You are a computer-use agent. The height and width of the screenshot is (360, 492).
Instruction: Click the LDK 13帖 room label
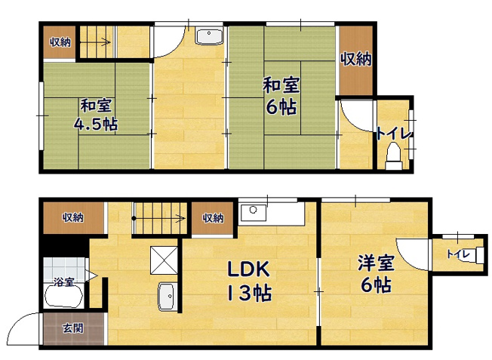[248, 281]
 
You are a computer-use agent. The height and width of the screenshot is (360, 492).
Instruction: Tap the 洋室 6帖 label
[376, 273]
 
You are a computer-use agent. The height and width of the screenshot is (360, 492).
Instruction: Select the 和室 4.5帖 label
[96, 115]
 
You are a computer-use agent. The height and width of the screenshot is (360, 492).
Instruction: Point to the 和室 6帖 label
[281, 96]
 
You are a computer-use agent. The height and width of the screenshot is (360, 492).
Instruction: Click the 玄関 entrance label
[72, 328]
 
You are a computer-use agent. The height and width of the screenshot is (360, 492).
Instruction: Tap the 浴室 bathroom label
[63, 282]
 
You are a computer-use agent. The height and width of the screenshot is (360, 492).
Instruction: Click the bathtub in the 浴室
[63, 296]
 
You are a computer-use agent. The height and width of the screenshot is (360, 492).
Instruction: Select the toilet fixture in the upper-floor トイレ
[394, 156]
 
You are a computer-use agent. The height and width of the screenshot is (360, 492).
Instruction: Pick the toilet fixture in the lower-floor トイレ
[480, 255]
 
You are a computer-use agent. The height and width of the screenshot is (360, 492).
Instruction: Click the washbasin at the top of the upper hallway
[209, 36]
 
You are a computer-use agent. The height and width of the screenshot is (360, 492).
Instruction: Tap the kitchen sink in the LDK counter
[254, 213]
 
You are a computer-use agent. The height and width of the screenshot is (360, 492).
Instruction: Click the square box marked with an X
[164, 260]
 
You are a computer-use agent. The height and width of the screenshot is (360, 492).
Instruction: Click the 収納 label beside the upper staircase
[60, 42]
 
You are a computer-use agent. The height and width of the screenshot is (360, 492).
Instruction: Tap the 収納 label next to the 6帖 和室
[356, 59]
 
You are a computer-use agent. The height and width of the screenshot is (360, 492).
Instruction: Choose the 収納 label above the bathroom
[72, 217]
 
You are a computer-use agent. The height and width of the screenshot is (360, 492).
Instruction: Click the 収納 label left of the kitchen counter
[213, 218]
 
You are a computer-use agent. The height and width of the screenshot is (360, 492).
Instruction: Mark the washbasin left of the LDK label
[166, 296]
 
